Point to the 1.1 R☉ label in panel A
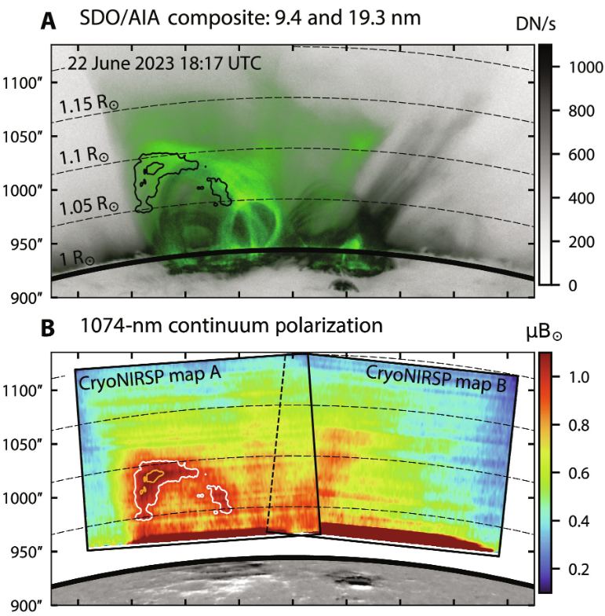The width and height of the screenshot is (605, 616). [84, 156]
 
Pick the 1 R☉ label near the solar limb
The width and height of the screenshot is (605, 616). [77, 260]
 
